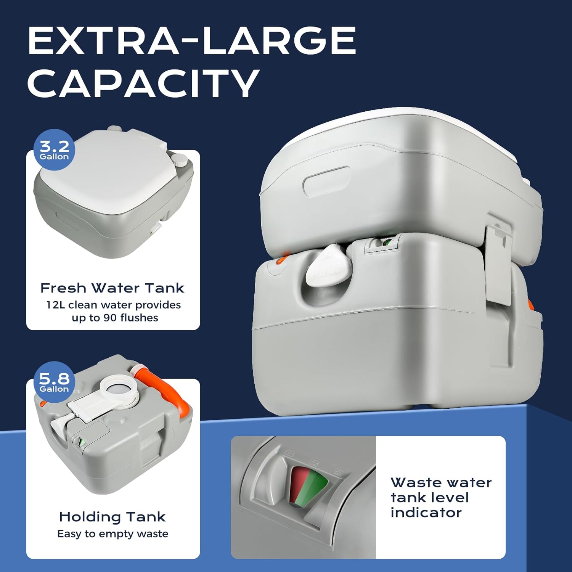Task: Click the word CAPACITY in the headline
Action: point(143,83)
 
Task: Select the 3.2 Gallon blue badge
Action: point(55,150)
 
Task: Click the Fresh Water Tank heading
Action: point(112,288)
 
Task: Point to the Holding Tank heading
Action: point(112,517)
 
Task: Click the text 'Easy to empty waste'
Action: point(112,534)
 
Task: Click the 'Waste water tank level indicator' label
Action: point(440,497)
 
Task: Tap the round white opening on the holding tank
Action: point(119,389)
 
